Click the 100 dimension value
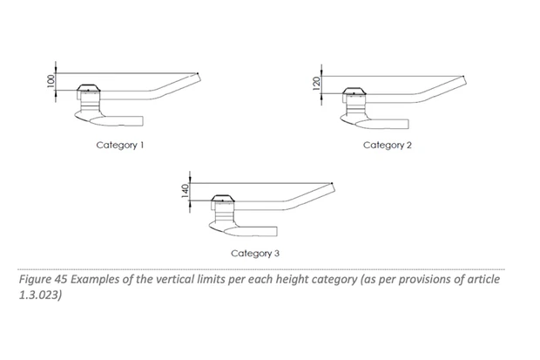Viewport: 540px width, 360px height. pyautogui.click(x=51, y=81)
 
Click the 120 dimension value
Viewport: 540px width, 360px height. pyautogui.click(x=316, y=84)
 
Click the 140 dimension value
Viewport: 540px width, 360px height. pyautogui.click(x=185, y=192)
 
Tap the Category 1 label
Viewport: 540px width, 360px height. pyautogui.click(x=120, y=146)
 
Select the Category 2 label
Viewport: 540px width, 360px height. pyautogui.click(x=388, y=146)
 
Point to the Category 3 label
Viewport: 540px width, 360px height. pyautogui.click(x=255, y=254)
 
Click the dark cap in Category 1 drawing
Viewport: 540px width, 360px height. pyautogui.click(x=89, y=88)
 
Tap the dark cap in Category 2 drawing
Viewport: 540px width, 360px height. pyautogui.click(x=354, y=91)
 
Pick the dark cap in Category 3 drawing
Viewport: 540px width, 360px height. pyautogui.click(x=223, y=198)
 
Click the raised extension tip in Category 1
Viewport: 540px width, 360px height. pyautogui.click(x=198, y=73)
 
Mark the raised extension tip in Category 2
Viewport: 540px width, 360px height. pyautogui.click(x=463, y=76)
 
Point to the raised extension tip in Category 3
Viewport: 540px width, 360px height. pyautogui.click(x=332, y=183)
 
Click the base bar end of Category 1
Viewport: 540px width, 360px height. pyautogui.click(x=143, y=120)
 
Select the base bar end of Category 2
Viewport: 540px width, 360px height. pyautogui.click(x=408, y=124)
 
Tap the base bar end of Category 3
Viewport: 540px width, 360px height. pyautogui.click(x=277, y=231)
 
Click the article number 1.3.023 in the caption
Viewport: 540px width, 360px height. pyautogui.click(x=40, y=295)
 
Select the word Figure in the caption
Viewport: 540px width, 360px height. pyautogui.click(x=35, y=280)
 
